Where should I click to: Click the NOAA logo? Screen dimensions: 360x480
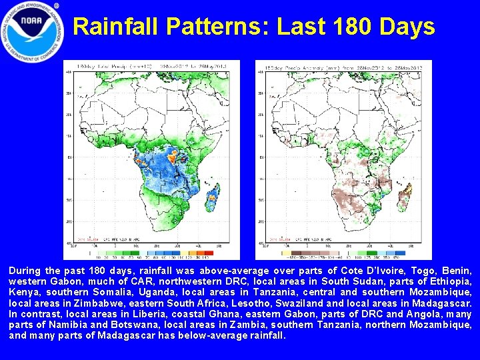pos(32,33)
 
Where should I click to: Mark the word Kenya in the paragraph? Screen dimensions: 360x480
pos(22,293)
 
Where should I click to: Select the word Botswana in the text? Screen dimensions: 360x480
pos(115,325)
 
